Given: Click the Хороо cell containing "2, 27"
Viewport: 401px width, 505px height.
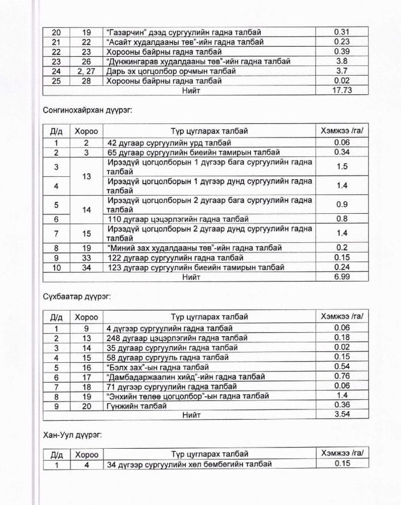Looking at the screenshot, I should pyautogui.click(x=86, y=71).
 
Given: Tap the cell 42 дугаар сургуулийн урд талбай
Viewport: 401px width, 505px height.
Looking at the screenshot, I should pyautogui.click(x=169, y=143).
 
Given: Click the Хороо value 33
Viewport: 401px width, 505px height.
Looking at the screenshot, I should pyautogui.click(x=86, y=258).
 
